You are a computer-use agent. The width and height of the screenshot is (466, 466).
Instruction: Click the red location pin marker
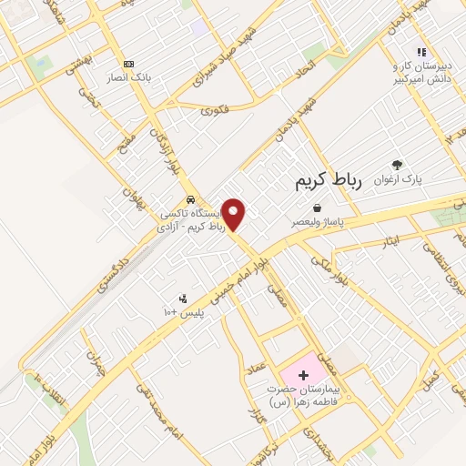(x=234, y=214)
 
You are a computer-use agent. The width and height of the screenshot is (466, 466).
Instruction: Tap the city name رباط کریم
(x=329, y=181)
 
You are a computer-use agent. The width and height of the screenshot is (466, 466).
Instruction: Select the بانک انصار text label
(x=128, y=79)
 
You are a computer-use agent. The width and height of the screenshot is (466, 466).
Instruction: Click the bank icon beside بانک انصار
(x=128, y=64)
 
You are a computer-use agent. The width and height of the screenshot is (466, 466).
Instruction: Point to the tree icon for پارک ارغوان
(x=397, y=165)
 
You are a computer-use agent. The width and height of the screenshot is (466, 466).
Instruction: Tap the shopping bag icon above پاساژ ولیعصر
(x=317, y=208)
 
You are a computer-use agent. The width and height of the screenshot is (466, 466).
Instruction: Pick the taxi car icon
(x=189, y=198)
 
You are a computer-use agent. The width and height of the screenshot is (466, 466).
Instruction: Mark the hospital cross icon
(x=303, y=374)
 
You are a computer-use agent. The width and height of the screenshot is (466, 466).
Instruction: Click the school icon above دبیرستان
(x=420, y=53)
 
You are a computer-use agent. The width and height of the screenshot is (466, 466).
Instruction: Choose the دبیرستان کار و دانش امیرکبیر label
(x=422, y=73)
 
